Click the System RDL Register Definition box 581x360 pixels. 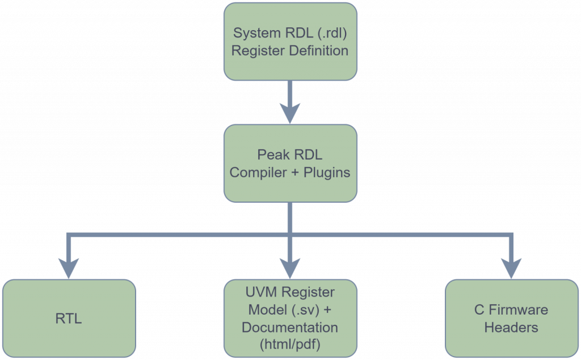coord(290,41)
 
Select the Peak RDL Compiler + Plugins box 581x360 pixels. coord(290,163)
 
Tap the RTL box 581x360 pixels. coord(69,318)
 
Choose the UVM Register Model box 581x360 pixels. coord(290,318)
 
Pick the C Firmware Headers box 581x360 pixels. coord(511,318)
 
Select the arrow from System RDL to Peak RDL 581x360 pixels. coord(290,102)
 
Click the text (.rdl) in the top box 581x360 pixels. coord(332,33)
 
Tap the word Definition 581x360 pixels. coord(319,51)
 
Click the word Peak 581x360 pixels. coord(270,154)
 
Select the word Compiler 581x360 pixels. coord(258,173)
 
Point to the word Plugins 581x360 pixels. coord(327,173)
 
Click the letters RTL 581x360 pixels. coord(69,319)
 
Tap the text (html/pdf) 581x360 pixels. coord(290,345)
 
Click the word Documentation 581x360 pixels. coord(290,328)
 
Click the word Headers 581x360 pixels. coord(511,328)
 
